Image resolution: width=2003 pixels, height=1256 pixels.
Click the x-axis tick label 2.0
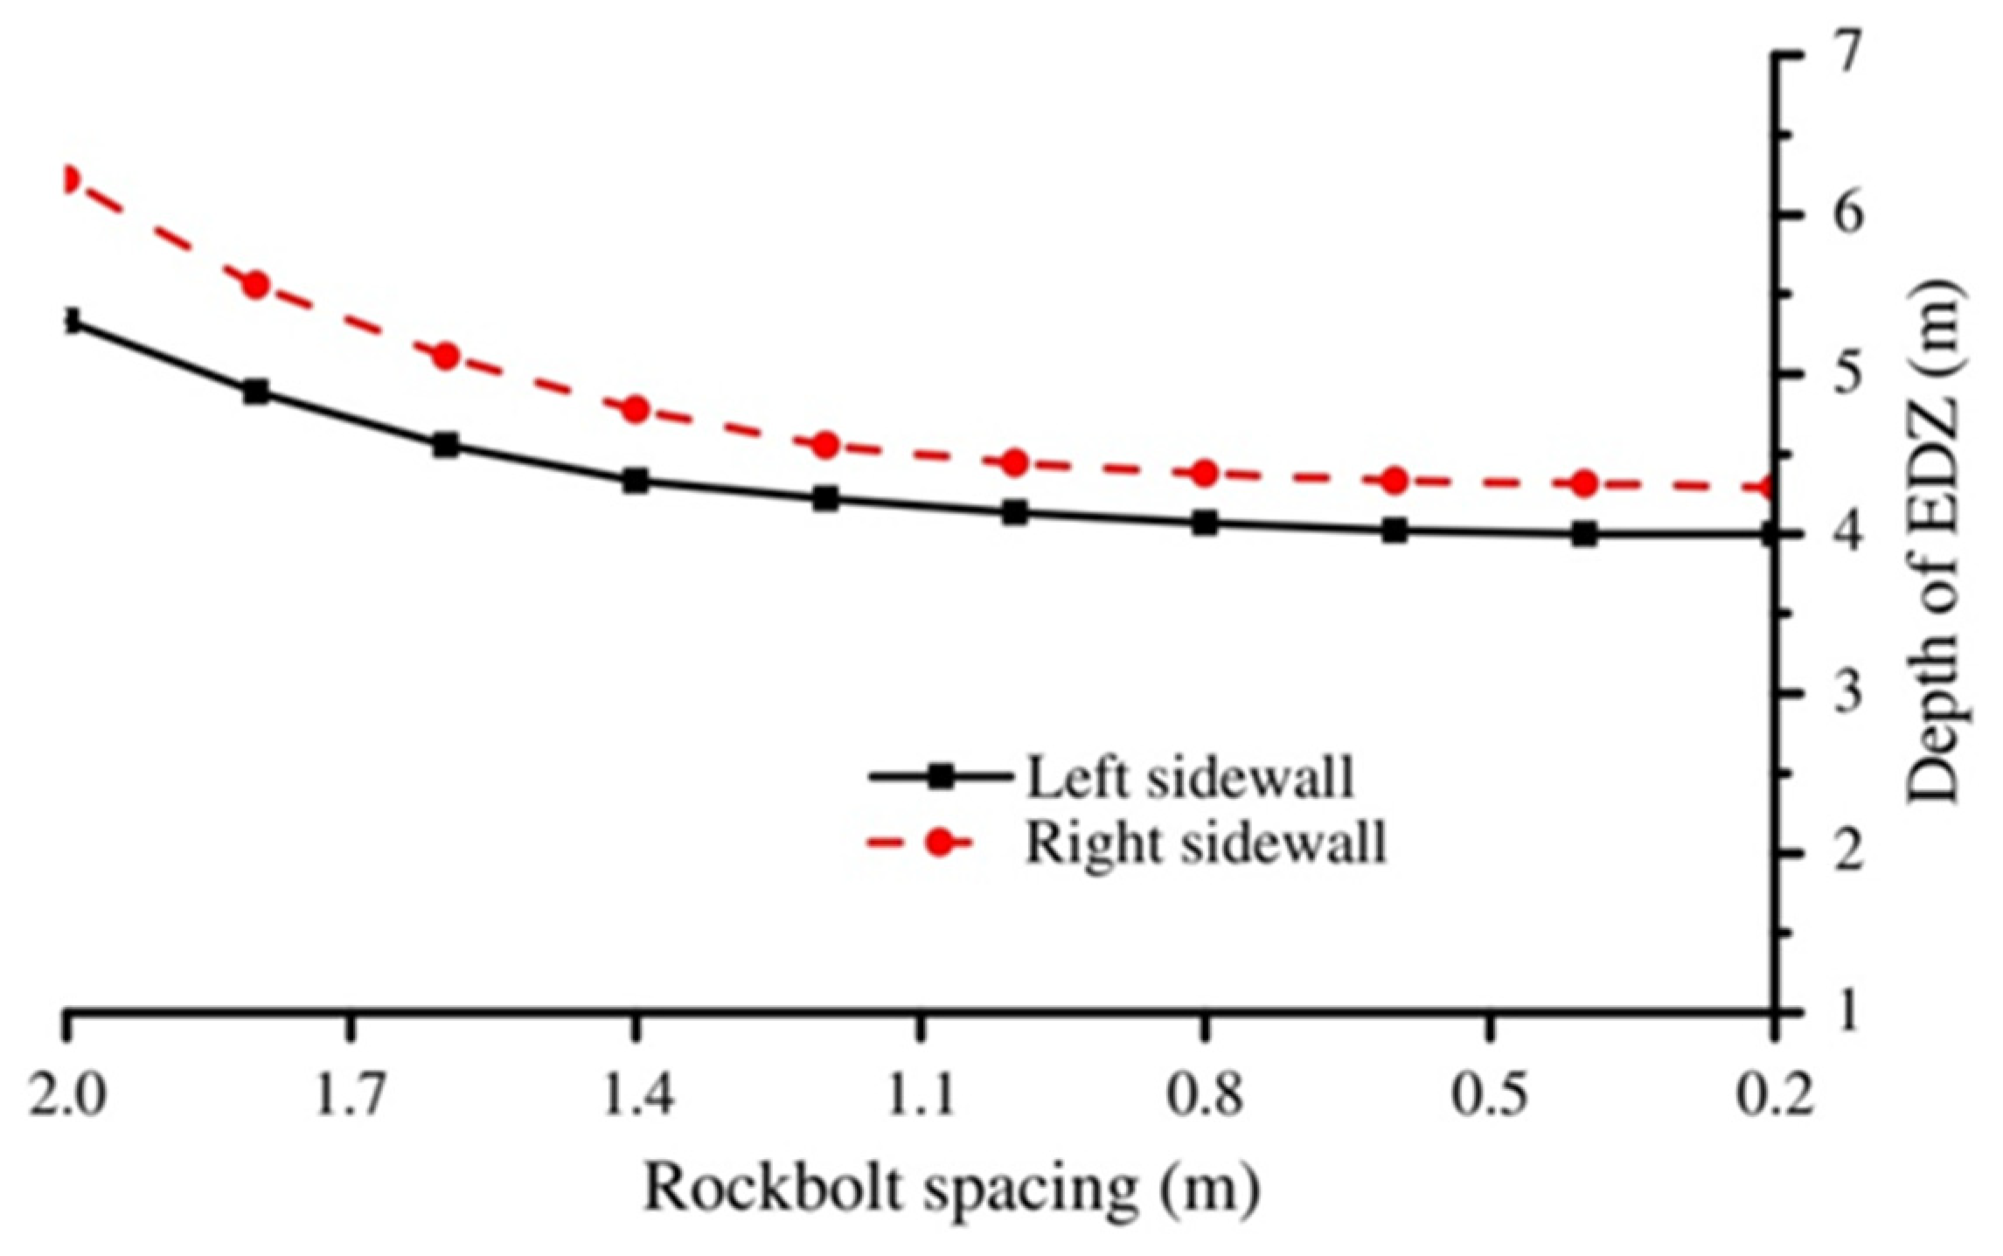pyautogui.click(x=66, y=1097)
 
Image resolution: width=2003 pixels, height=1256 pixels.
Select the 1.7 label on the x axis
pyautogui.click(x=350, y=1097)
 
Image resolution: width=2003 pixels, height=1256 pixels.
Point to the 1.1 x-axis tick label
pyautogui.click(x=920, y=1097)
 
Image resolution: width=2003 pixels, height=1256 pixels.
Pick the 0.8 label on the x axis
pyautogui.click(x=1205, y=1097)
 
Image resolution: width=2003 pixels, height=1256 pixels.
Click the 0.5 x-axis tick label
pyautogui.click(x=1490, y=1097)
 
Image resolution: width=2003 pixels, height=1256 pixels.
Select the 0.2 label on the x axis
pyautogui.click(x=1775, y=1097)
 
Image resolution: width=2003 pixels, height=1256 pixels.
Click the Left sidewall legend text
pyautogui.click(x=1189, y=776)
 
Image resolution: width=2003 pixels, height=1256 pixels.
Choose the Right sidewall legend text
pyautogui.click(x=1205, y=843)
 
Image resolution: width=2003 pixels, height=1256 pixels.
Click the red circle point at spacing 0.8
pyautogui.click(x=1205, y=473)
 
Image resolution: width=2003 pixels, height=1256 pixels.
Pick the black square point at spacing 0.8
pyautogui.click(x=1205, y=524)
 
